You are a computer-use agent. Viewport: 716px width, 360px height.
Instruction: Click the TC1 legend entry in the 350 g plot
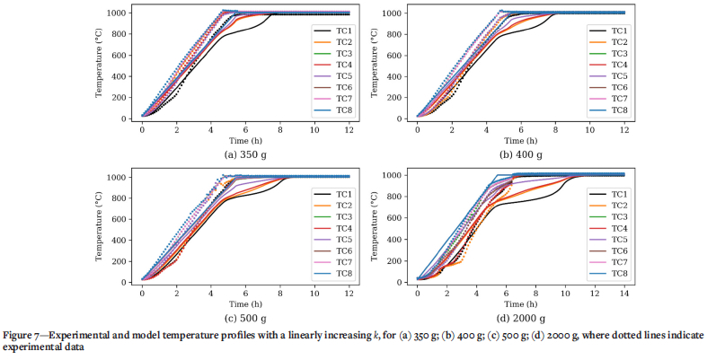[332, 29]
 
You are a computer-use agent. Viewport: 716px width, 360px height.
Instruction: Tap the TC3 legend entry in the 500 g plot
[332, 216]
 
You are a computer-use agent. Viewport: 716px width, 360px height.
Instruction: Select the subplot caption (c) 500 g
[244, 319]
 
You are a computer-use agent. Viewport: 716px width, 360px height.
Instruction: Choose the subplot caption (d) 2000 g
[519, 319]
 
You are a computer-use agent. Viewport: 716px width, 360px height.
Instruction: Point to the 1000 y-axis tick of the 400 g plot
[400, 13]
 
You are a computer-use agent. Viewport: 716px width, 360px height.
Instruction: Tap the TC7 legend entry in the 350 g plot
[332, 98]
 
